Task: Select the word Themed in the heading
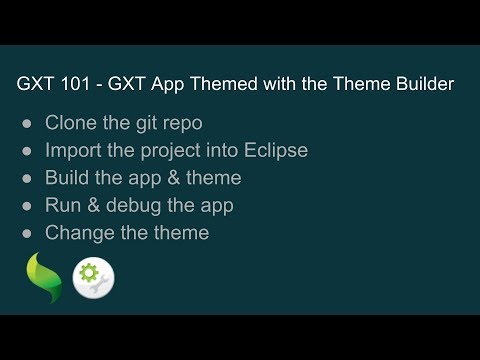point(209,85)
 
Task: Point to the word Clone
point(71,124)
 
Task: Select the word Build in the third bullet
point(67,179)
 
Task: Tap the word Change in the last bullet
point(78,233)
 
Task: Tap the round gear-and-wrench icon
point(93,277)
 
